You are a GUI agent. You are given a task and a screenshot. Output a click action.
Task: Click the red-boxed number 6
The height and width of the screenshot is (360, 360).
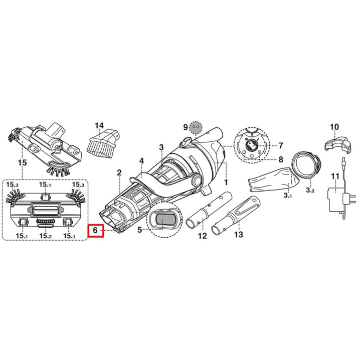[95, 230]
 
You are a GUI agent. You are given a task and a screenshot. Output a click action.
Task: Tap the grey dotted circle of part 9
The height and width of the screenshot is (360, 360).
[196, 127]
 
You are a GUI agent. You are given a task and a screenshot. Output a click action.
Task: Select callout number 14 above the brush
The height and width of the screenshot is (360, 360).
[99, 125]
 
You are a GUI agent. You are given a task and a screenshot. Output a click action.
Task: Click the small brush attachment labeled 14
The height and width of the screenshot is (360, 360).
[103, 143]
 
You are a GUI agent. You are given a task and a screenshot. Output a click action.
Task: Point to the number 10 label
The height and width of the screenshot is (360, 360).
[334, 127]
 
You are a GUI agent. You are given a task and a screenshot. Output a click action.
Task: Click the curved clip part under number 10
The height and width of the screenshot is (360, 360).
[337, 143]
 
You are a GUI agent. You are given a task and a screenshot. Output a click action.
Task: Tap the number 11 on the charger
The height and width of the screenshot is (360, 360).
[335, 176]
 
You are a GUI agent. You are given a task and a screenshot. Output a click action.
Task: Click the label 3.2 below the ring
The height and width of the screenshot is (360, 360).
[310, 190]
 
